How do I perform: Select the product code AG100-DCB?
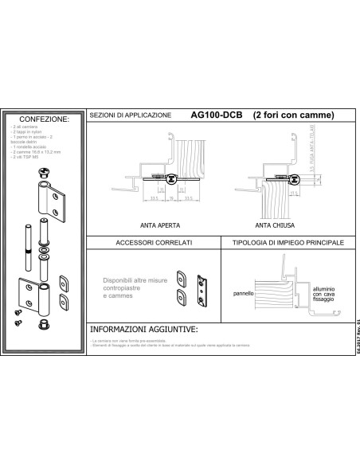click(217, 115)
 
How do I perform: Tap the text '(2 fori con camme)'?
click(293, 115)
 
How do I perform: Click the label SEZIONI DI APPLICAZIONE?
click(131, 115)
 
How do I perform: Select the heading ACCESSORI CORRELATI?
click(151, 242)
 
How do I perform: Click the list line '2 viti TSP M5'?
click(25, 158)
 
